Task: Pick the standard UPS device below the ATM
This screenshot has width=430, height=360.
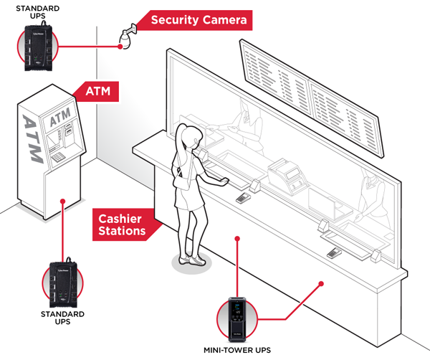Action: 65,283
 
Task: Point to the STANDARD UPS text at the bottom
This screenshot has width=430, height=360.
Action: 66,318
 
